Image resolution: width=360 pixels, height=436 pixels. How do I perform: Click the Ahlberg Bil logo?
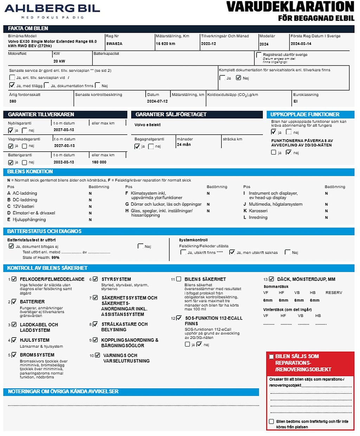coord(52,10)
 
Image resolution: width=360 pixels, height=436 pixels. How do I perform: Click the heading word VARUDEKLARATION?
coord(290,7)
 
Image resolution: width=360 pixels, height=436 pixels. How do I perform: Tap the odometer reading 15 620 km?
coord(165,44)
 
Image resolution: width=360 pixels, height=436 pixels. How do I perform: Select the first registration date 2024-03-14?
coord(301,44)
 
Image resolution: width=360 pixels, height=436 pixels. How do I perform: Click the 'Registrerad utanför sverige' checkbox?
coord(259,55)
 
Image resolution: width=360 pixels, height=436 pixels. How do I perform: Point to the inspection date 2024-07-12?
coord(157,101)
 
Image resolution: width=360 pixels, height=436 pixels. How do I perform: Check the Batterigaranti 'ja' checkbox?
coord(11,162)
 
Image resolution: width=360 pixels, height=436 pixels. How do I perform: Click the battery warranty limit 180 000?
coord(99,162)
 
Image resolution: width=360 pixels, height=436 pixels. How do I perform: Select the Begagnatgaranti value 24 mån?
coord(184,145)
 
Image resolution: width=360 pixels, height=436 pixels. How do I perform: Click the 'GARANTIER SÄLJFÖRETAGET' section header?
coord(171,115)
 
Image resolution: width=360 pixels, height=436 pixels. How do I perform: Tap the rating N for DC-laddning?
coord(90,200)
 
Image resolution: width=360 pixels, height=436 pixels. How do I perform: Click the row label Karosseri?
coord(258,211)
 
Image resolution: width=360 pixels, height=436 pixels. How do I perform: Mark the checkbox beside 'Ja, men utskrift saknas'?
coord(232,252)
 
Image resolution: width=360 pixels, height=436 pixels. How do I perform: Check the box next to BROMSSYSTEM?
coord(14,355)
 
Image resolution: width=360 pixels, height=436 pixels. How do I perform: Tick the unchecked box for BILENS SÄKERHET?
coord(179,279)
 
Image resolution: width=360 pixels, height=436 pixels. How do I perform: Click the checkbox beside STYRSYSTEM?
coord(95,279)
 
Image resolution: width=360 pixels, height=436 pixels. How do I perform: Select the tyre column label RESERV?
coord(334,293)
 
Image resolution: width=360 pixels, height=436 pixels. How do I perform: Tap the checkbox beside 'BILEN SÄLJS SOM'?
coord(271,357)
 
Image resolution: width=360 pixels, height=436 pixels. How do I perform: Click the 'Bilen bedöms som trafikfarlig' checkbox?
coord(271,421)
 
